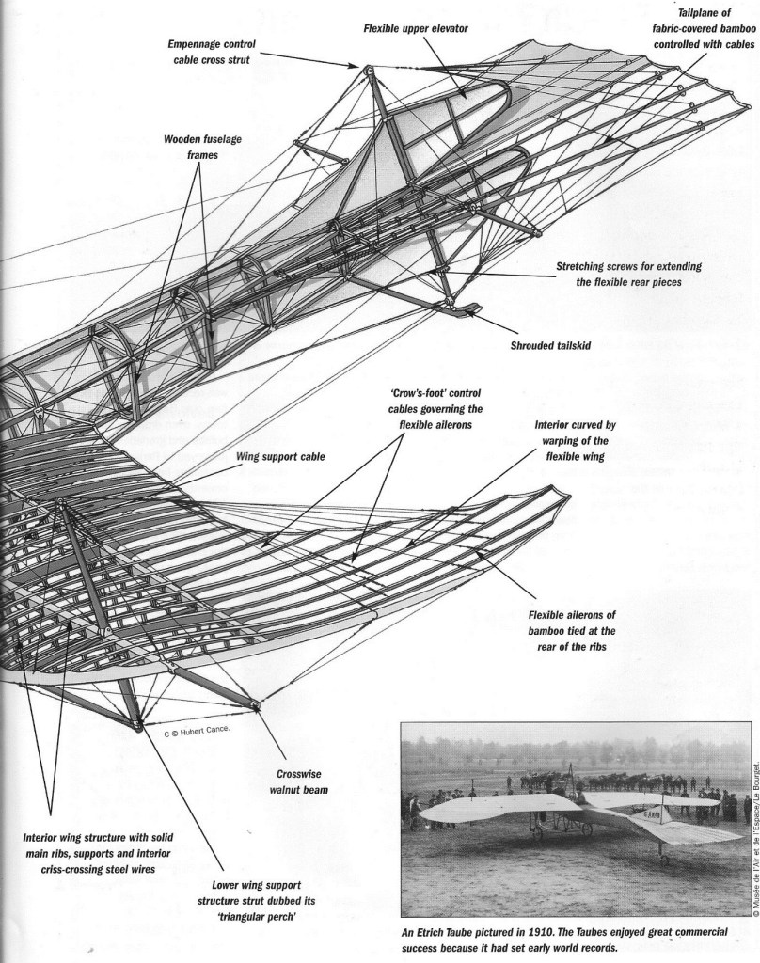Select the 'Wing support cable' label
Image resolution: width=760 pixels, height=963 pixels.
(280, 457)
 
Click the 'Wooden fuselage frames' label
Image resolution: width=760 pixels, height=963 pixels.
(190, 149)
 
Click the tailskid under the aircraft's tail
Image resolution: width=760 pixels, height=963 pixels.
(461, 308)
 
